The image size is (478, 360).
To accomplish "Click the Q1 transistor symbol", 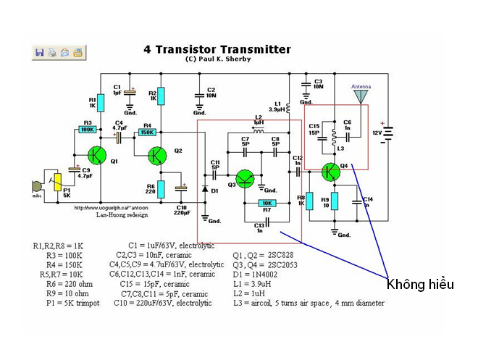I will pyautogui.click(x=96, y=155).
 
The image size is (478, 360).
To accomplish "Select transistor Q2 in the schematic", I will pyautogui.click(x=157, y=155).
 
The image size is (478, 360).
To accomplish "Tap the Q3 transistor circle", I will pyautogui.click(x=244, y=180).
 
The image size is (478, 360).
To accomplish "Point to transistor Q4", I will pyautogui.click(x=330, y=172).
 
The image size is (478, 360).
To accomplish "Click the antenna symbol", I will pyautogui.click(x=361, y=96).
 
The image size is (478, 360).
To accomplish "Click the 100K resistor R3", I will pyautogui.click(x=87, y=130).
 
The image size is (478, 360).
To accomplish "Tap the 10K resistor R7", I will pyautogui.click(x=267, y=203).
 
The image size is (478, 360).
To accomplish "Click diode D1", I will pyautogui.click(x=205, y=190).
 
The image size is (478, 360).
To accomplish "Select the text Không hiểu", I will pyautogui.click(x=420, y=283).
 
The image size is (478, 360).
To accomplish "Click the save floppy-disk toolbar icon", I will pyautogui.click(x=39, y=52).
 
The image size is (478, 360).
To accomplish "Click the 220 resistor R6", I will pyautogui.click(x=162, y=190).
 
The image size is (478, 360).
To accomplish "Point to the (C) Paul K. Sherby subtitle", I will pyautogui.click(x=217, y=59).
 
